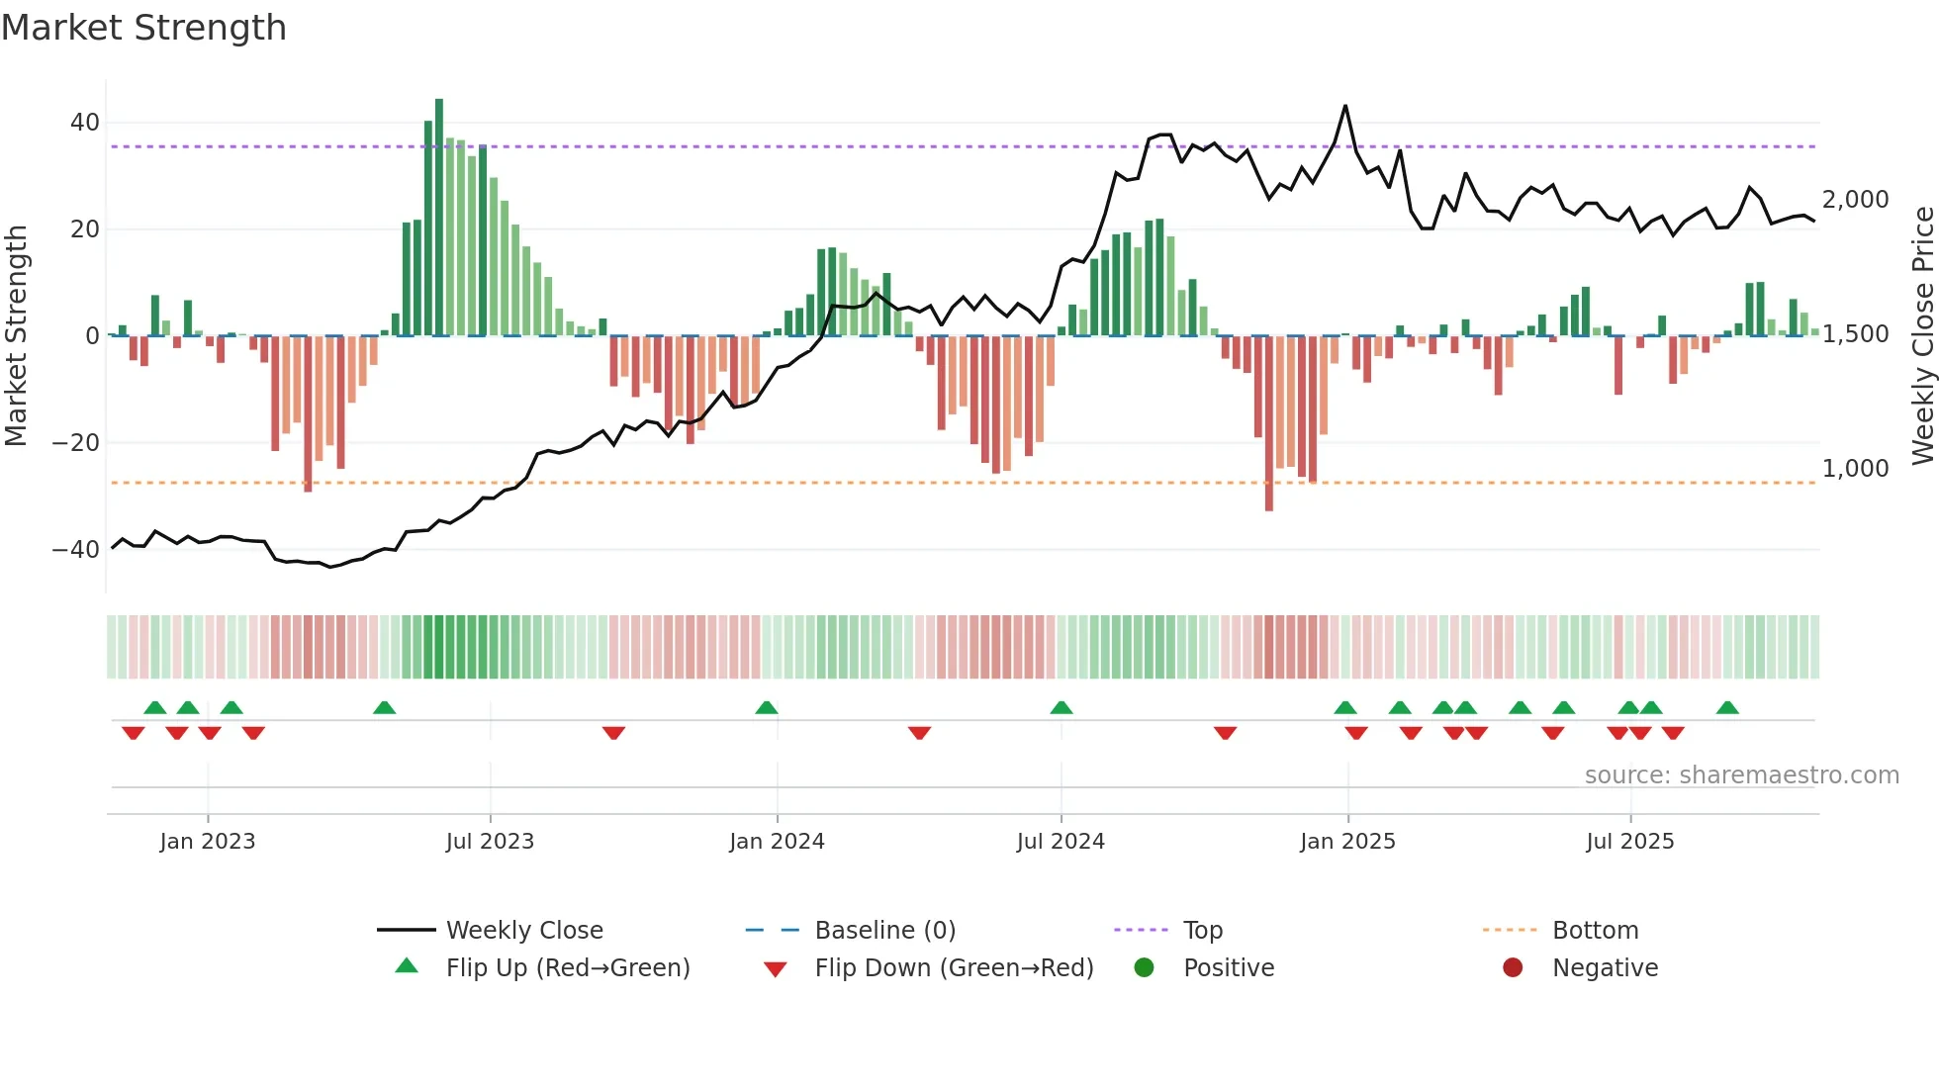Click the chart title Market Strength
[143, 28]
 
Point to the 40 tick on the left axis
[85, 123]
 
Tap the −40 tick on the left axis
[76, 549]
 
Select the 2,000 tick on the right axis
[1855, 200]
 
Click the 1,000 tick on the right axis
[1855, 469]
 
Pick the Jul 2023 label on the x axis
[490, 842]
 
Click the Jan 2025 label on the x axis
[1347, 842]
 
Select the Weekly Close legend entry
[523, 931]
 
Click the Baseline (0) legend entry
[884, 931]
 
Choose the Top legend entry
[1203, 931]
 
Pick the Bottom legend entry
[1595, 931]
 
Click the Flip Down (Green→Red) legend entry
[954, 968]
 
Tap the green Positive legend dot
[1145, 968]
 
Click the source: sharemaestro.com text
[1741, 775]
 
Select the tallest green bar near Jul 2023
[439, 218]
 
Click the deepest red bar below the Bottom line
[1269, 425]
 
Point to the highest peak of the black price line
[1345, 106]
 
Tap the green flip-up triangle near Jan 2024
[767, 707]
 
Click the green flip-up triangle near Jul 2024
[1062, 707]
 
